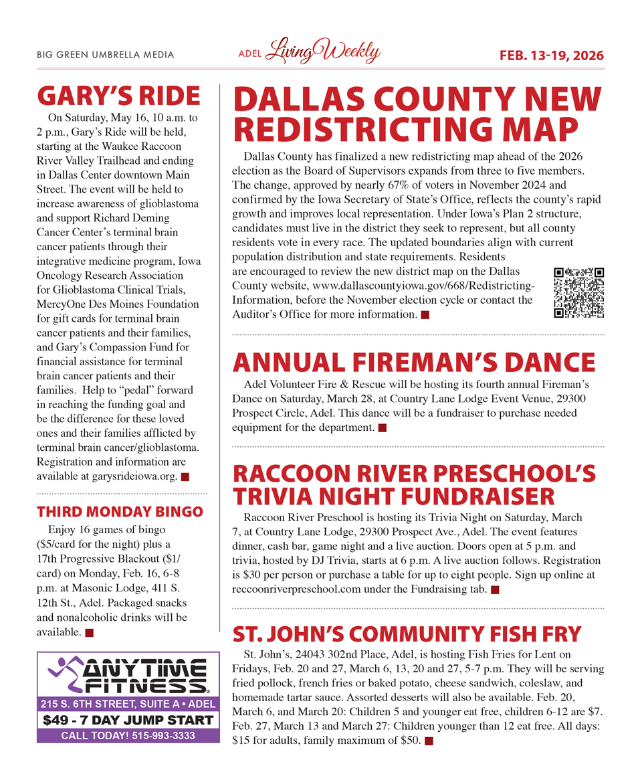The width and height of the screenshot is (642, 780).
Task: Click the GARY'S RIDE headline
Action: coord(118,96)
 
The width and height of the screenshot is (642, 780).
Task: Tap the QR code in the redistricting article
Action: coord(579,292)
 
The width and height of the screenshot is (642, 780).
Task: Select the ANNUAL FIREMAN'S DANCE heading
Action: coord(413,363)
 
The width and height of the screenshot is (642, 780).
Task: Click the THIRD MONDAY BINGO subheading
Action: coord(120,512)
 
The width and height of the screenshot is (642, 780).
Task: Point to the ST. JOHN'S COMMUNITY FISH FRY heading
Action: coord(407,633)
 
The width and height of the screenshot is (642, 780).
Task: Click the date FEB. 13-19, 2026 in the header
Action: coord(552,55)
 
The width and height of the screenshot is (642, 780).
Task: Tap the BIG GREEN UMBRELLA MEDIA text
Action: coord(105,55)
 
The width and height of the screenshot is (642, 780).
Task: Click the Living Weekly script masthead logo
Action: coord(324,52)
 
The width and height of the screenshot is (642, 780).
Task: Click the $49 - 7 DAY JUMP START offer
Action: coord(128,720)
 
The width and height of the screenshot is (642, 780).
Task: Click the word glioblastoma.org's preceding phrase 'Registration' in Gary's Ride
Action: coord(64,462)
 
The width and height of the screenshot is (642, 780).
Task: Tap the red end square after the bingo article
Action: coord(90,632)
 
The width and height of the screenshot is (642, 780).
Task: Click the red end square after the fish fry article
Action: coord(429,741)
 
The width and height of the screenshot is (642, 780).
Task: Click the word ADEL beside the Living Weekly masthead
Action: coord(249,55)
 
